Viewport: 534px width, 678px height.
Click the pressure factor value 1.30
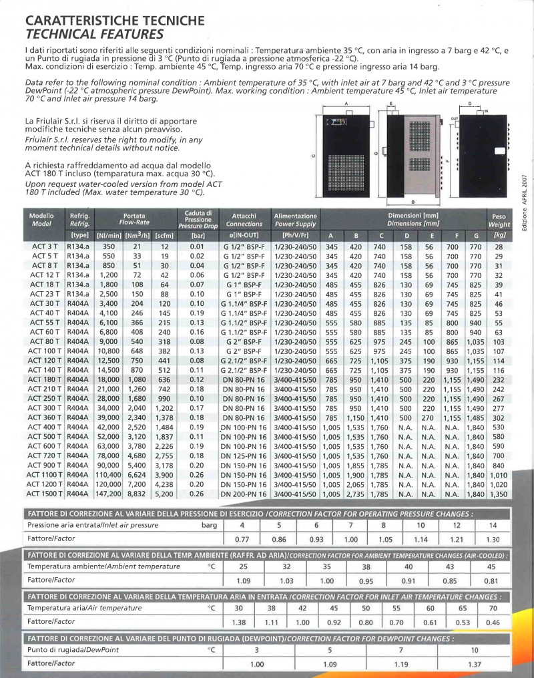pyautogui.click(x=493, y=538)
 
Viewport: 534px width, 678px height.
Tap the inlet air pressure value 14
pyautogui.click(x=493, y=525)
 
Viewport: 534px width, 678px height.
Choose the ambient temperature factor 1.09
pyautogui.click(x=244, y=580)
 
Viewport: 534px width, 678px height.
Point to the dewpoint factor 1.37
pyautogui.click(x=475, y=664)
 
